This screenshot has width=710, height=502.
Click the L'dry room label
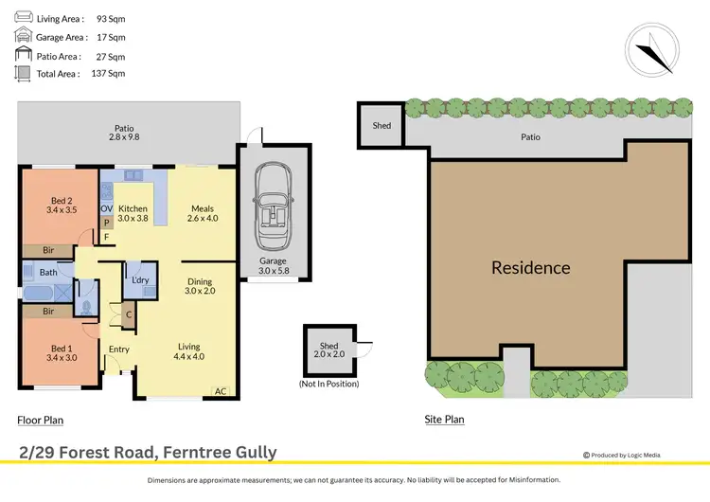[141, 281]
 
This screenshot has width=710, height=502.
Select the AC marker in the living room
[221, 390]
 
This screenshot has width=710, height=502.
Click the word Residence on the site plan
[530, 268]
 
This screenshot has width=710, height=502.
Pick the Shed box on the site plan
[382, 126]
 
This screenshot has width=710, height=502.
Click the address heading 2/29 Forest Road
[147, 452]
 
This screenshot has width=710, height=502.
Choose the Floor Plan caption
[40, 419]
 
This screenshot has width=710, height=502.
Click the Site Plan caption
[445, 419]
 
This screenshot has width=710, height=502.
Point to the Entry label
[118, 350]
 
